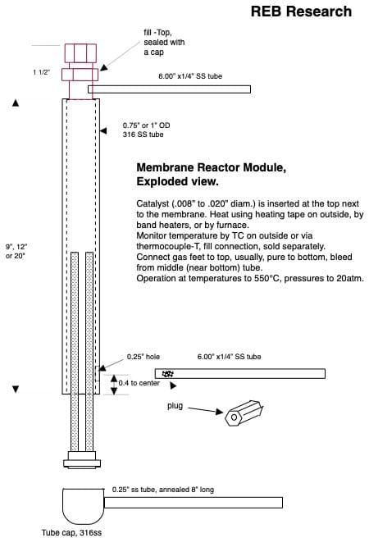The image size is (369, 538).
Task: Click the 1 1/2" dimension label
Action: click(42, 72)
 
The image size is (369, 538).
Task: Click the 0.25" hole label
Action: click(143, 357)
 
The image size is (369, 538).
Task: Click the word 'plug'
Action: click(177, 406)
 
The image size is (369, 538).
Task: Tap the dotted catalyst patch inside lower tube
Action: click(170, 374)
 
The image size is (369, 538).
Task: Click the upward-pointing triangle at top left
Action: click(16, 103)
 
